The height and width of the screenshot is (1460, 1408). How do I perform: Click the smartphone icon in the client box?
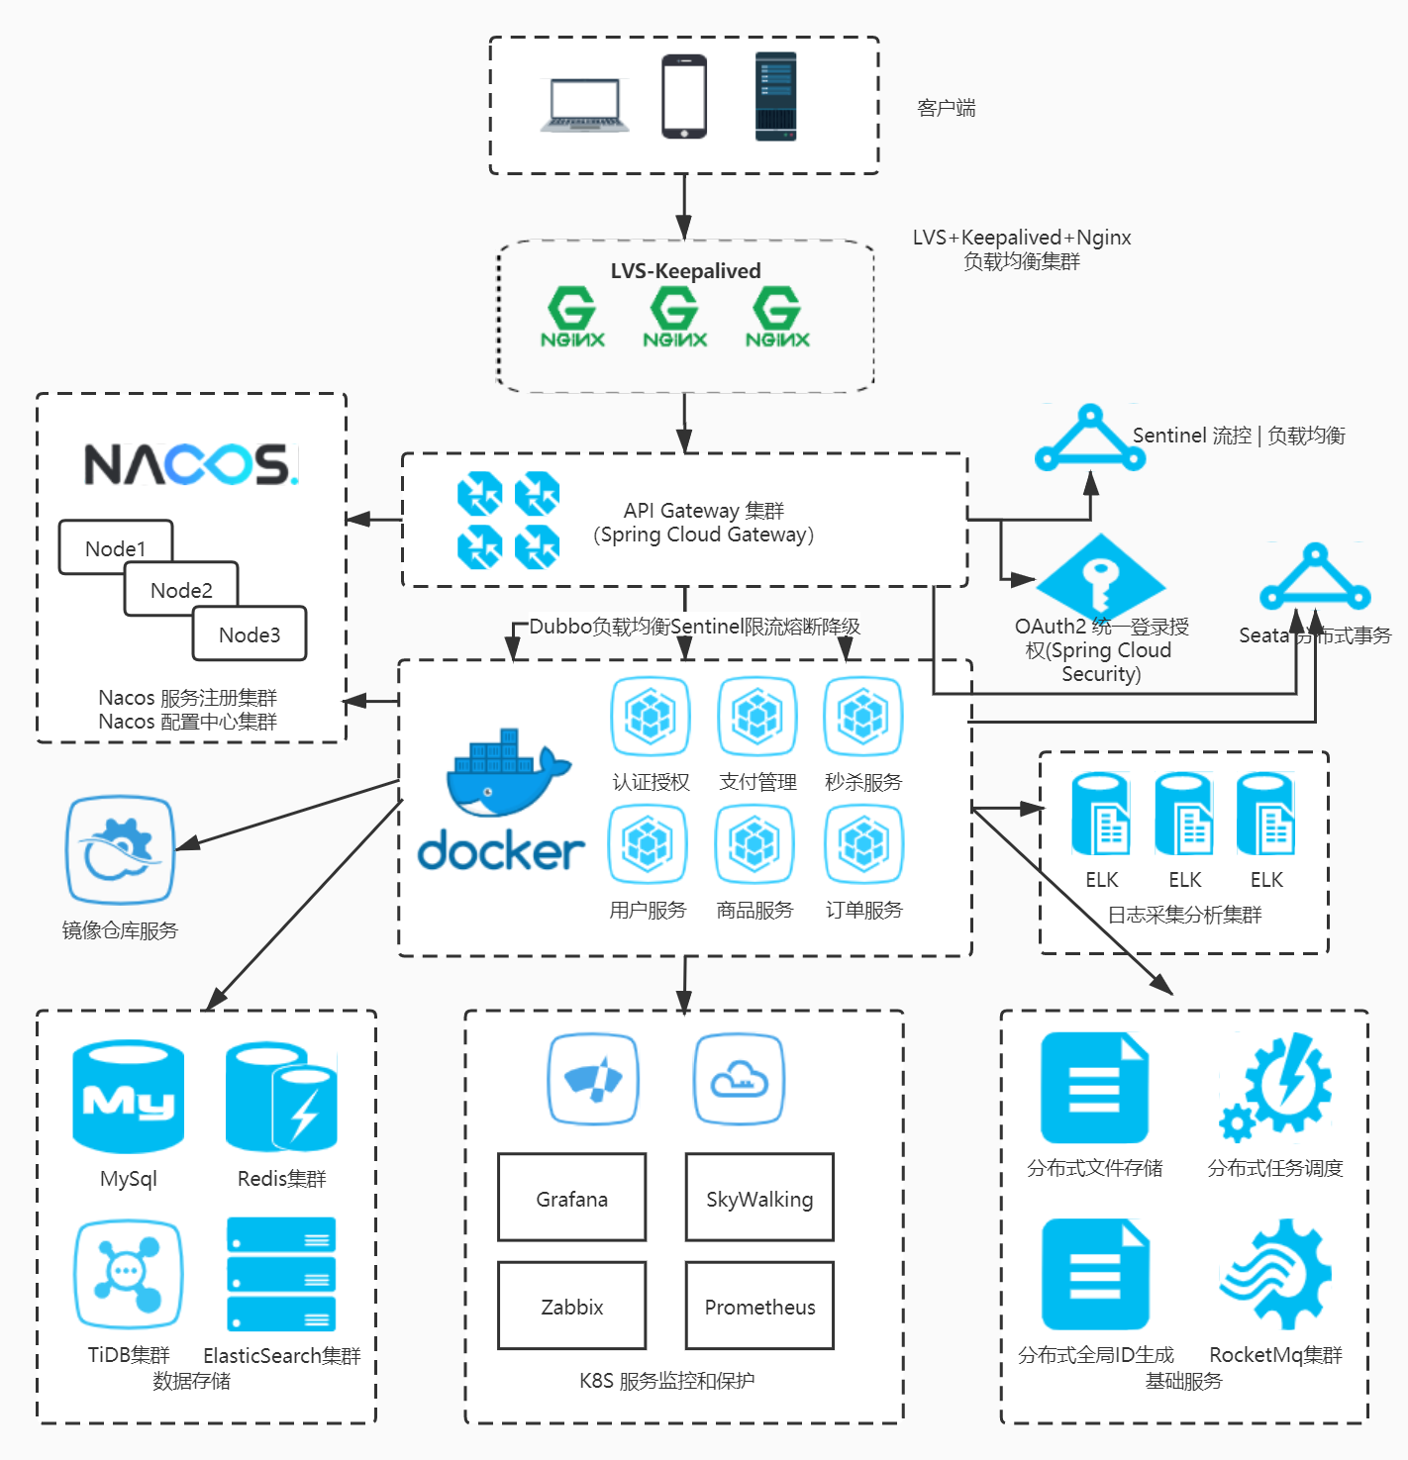[x=684, y=97]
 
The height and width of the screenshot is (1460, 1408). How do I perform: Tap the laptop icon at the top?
[x=584, y=105]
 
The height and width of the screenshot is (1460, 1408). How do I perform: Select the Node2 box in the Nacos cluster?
[x=181, y=589]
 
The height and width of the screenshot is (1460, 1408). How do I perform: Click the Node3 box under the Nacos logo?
[x=250, y=633]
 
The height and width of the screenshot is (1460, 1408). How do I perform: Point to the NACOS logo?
[x=190, y=464]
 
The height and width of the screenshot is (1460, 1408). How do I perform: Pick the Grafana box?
[x=571, y=1198]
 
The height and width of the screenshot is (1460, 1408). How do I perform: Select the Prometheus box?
[x=759, y=1306]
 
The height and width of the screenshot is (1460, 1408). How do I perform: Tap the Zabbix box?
[x=571, y=1306]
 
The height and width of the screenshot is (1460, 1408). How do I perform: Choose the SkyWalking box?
[x=759, y=1198]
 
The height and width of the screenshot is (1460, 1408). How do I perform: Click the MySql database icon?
[x=128, y=1097]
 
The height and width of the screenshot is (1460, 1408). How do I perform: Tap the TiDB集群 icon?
[x=128, y=1274]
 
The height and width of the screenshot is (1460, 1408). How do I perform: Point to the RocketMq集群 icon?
[x=1275, y=1274]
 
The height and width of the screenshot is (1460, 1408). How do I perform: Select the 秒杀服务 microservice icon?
[x=863, y=716]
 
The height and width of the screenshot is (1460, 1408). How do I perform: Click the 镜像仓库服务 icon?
[x=120, y=850]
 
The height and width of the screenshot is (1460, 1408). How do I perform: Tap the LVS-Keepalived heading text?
[x=685, y=271]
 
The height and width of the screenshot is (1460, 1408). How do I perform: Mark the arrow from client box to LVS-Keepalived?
[x=684, y=207]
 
